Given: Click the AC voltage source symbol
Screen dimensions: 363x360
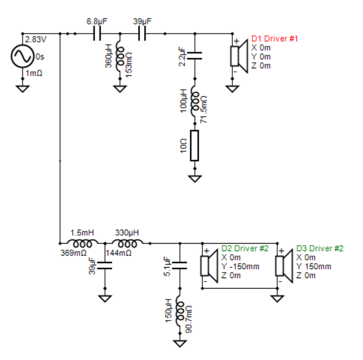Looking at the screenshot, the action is (x=22, y=56).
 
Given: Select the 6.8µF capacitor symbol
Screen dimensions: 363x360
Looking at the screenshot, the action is (x=97, y=33).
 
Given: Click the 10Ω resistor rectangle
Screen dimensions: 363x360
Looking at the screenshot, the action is (x=194, y=146).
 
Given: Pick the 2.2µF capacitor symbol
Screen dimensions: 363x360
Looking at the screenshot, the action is (x=194, y=56).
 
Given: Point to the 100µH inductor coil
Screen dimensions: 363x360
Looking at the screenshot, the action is (x=195, y=101).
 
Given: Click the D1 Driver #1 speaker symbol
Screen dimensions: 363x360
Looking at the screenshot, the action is (x=239, y=56).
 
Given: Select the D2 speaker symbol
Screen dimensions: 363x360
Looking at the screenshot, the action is (x=209, y=266).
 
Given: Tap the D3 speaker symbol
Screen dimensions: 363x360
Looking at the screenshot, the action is (x=284, y=266).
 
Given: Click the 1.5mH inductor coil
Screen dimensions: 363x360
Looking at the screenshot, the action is (x=82, y=243).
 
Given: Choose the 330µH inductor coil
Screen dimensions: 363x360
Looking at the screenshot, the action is (x=127, y=243).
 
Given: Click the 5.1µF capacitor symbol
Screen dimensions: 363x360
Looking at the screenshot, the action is (x=180, y=266).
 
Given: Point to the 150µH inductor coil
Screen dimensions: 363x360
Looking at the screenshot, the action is (x=180, y=311).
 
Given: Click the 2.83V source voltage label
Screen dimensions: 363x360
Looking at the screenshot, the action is (x=35, y=39).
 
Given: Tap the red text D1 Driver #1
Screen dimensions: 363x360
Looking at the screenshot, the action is (x=275, y=38).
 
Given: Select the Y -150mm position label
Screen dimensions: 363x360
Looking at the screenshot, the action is (x=240, y=267).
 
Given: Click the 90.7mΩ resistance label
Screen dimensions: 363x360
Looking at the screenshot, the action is (x=189, y=319).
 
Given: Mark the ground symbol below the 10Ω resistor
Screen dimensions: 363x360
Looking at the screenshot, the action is (x=195, y=179).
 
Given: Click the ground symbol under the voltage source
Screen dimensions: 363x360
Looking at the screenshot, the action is (x=22, y=89).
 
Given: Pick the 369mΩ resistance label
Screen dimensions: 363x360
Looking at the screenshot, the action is (x=73, y=253).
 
